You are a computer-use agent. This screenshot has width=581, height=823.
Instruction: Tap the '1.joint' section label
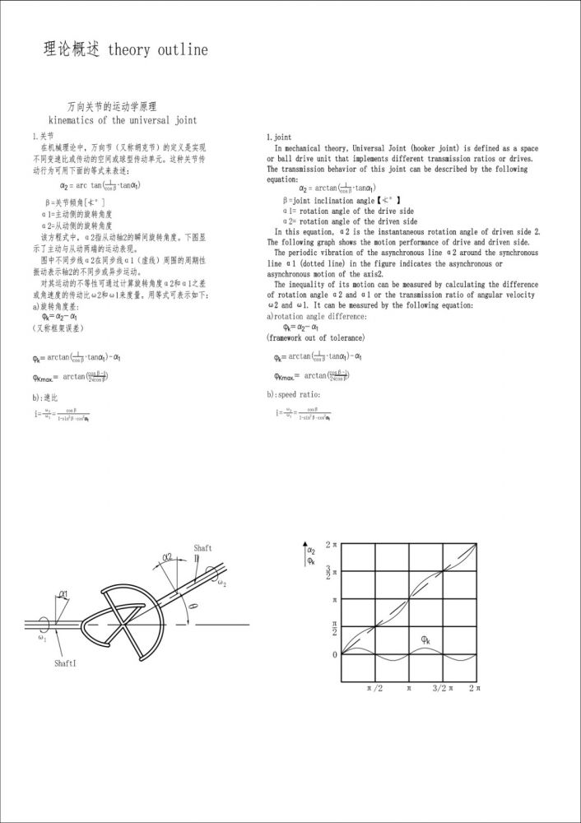[x=279, y=137]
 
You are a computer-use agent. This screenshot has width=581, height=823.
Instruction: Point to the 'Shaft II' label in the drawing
[x=202, y=552]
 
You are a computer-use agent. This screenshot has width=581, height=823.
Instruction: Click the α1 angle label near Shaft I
[x=64, y=593]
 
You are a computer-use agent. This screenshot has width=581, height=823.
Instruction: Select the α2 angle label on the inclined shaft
[x=167, y=557]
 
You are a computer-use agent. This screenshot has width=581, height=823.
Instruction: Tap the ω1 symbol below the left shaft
[x=42, y=636]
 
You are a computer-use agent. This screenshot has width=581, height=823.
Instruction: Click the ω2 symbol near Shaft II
[x=223, y=584]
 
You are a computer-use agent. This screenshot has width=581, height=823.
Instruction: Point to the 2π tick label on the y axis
[x=331, y=545]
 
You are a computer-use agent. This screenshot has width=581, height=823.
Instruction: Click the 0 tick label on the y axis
[x=334, y=655]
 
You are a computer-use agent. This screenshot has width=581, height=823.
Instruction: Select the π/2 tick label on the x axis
[x=374, y=687]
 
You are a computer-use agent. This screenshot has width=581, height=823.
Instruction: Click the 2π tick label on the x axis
[x=475, y=687]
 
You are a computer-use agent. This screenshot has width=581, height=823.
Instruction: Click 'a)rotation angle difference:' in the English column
[x=317, y=317]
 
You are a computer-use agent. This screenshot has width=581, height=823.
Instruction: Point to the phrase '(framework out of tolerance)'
[x=316, y=337]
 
